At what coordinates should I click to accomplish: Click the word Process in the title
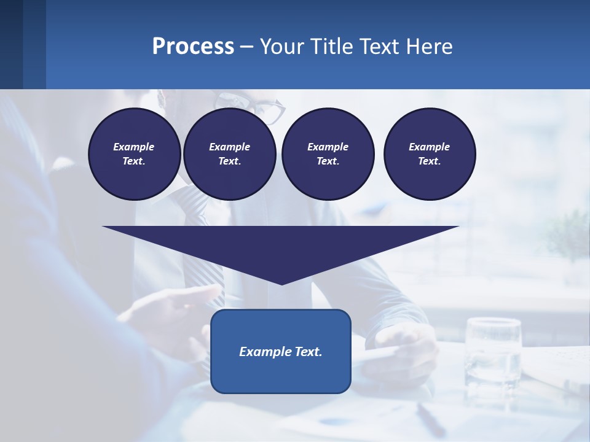193,46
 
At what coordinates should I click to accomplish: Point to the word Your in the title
282,46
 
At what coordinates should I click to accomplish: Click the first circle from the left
134,154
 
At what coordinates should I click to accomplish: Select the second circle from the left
229,154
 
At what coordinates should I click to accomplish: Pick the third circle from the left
328,154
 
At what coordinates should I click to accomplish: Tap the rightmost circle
430,154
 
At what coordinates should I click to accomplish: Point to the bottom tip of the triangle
281,284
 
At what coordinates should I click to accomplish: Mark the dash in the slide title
247,47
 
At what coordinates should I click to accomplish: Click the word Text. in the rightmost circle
430,161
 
